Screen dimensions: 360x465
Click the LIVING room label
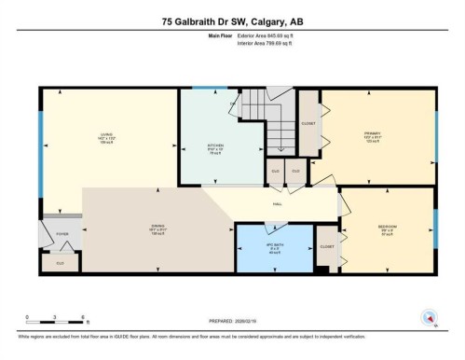[x=107, y=138]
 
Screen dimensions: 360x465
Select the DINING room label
[x=157, y=224]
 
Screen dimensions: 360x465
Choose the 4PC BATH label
[x=273, y=248]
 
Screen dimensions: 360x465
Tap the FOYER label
[x=63, y=235]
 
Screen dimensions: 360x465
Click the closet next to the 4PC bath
[x=326, y=247]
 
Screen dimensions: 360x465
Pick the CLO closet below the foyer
[x=61, y=264]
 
